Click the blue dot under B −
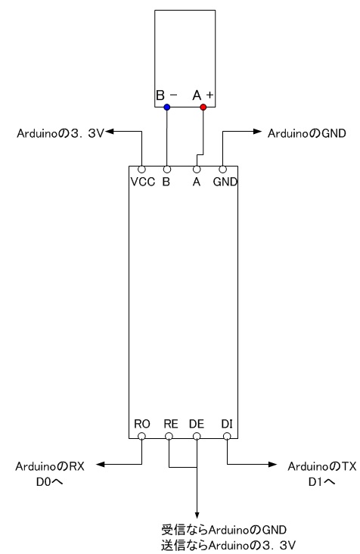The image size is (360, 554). point(167,107)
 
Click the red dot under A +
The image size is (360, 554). point(203,107)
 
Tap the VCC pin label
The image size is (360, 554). point(143,182)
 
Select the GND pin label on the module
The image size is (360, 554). point(225,182)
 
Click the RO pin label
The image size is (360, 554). point(142,424)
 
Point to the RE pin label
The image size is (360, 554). point(171,424)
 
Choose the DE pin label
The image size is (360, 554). point(197,424)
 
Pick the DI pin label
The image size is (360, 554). point(227,424)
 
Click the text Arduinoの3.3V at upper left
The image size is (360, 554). point(61,133)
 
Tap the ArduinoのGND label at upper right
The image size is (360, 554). point(307,133)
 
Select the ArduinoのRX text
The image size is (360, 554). point(50,466)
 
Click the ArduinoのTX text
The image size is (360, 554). point(322,466)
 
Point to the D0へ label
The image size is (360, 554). point(49,481)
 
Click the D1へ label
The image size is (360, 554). point(321,481)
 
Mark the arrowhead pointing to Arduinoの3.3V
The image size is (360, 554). point(109,132)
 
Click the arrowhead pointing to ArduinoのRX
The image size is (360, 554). point(101,464)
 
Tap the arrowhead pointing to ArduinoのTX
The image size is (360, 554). point(272,464)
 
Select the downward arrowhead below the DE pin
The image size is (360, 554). point(197,515)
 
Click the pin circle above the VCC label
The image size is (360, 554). point(141,170)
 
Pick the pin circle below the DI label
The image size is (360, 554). point(227,437)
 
